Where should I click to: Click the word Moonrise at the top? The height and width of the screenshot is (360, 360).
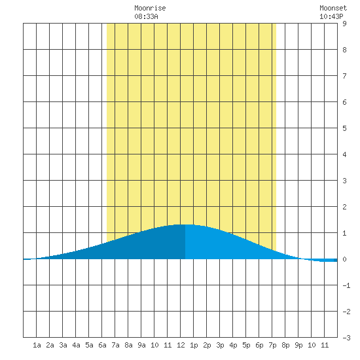150,8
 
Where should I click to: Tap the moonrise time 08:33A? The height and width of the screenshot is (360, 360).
146,16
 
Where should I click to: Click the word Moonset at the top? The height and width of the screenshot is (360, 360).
333,8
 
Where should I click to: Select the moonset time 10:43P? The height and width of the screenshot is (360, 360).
331,16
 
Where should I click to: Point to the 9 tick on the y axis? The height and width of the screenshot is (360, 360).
344,24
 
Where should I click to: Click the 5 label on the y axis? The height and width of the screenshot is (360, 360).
344,128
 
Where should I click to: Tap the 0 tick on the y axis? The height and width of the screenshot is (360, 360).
344,259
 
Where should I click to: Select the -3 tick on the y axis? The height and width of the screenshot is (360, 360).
346,338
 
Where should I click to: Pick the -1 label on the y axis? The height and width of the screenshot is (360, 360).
346,285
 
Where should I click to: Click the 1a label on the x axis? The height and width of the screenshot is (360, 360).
37,345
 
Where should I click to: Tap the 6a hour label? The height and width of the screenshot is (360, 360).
102,345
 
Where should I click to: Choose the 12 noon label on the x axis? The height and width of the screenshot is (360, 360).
181,345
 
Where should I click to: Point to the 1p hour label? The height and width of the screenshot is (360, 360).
194,345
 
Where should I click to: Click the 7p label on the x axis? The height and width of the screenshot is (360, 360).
272,345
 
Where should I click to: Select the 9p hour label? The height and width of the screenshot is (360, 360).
298,345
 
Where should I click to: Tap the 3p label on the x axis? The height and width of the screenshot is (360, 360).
220,345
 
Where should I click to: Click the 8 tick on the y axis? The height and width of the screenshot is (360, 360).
344,50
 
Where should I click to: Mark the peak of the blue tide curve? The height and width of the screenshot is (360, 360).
185,225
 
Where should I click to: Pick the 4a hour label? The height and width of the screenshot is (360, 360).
76,345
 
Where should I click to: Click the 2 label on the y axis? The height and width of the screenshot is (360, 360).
344,207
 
